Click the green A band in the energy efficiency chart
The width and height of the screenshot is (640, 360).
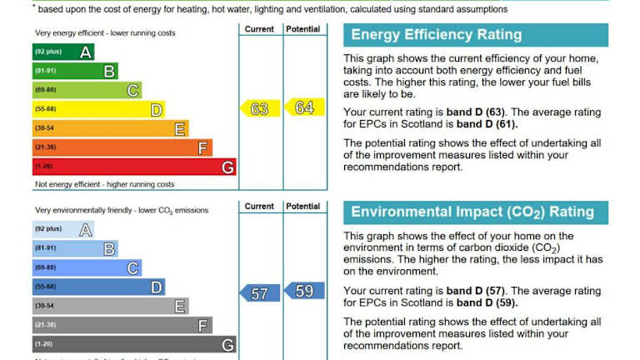pyautogui.click(x=62, y=52)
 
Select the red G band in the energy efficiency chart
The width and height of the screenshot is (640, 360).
pyautogui.click(x=133, y=167)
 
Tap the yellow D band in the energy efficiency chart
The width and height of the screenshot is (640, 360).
pyautogui.click(x=97, y=109)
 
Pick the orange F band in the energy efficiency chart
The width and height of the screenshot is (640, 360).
pyautogui.click(x=122, y=147)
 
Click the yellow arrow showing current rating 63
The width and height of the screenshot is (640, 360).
pyautogui.click(x=260, y=109)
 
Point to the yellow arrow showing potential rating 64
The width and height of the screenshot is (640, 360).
pyautogui.click(x=304, y=107)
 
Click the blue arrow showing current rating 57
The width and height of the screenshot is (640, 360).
pyautogui.click(x=260, y=293)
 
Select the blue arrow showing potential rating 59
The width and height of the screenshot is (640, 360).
pyautogui.click(x=304, y=291)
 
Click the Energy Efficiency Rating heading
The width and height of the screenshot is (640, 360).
pyautogui.click(x=436, y=35)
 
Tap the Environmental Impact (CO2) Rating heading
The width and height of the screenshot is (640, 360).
pyautogui.click(x=472, y=212)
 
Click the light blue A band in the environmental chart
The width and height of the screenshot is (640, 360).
pyautogui.click(x=62, y=229)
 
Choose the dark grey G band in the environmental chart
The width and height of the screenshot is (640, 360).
pyautogui.click(x=133, y=344)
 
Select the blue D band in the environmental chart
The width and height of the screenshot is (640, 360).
pyautogui.click(x=97, y=287)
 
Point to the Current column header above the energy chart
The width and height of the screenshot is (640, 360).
pyautogui.click(x=259, y=29)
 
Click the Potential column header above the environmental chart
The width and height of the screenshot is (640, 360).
pyautogui.click(x=302, y=207)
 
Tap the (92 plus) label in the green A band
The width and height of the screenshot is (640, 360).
pyautogui.click(x=48, y=52)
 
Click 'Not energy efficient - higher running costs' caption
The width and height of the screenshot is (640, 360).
pyautogui.click(x=105, y=184)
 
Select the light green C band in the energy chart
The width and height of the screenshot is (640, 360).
pyautogui.click(x=87, y=90)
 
